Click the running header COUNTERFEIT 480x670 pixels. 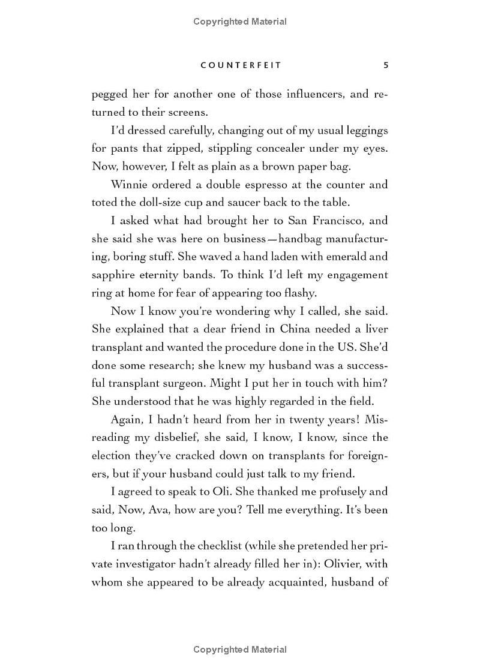click(240, 65)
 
